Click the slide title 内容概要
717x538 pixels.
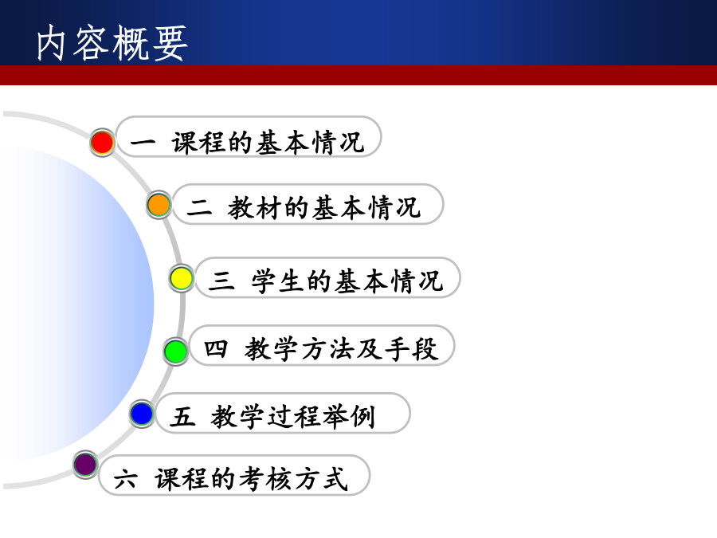point(112,43)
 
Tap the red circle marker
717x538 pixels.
point(102,143)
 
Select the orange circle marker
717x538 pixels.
point(159,205)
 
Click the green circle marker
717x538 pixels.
point(175,351)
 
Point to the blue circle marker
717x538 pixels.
point(142,414)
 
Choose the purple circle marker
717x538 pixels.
point(85,465)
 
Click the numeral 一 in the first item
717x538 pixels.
point(143,143)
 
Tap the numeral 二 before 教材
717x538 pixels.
point(199,207)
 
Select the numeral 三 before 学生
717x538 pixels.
point(221,280)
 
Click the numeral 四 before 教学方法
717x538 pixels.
point(215,348)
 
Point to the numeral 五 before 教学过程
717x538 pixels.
point(182,416)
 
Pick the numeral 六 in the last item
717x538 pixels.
point(125,480)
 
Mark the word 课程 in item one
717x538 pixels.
point(198,143)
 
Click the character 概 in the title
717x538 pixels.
point(131,43)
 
